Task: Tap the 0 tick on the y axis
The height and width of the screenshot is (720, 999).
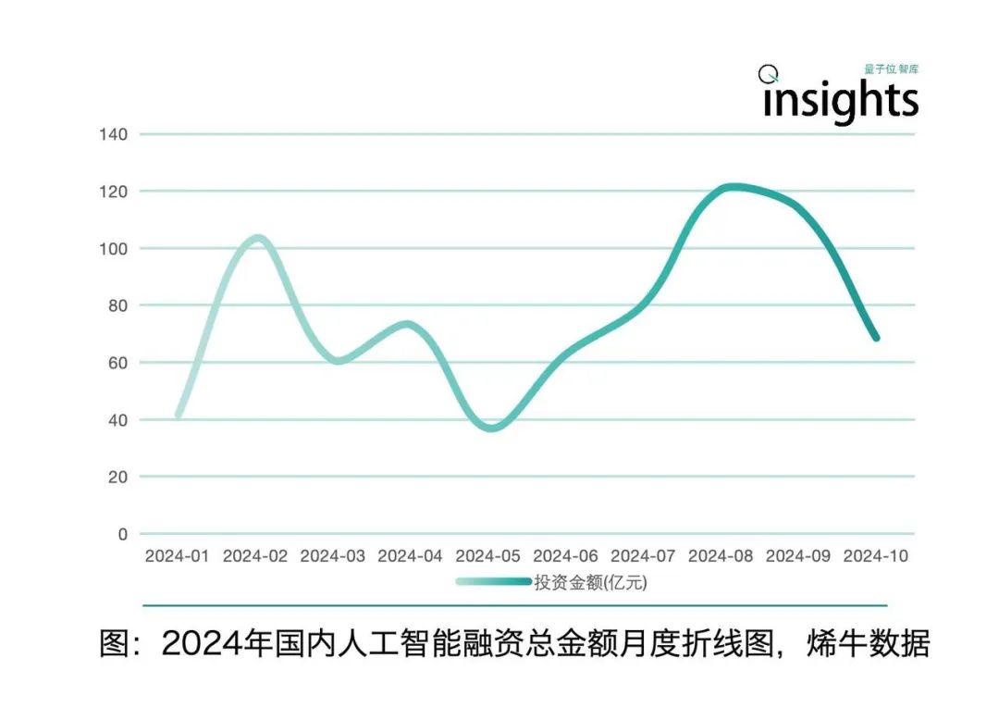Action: [121, 534]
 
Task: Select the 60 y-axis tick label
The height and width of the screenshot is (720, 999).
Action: [117, 363]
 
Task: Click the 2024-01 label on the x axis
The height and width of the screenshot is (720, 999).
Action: [178, 556]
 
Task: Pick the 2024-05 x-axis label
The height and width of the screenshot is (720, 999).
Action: [488, 556]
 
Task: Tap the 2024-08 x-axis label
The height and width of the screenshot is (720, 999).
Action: [721, 556]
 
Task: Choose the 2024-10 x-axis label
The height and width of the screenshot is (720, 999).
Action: [876, 556]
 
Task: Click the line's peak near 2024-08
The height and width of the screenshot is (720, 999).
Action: [733, 187]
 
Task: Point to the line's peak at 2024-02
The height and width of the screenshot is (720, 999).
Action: [258, 238]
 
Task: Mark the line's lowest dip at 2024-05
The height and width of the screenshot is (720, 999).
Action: [490, 428]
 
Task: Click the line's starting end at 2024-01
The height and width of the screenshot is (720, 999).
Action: [179, 416]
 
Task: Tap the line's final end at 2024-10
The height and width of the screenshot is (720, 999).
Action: [875, 338]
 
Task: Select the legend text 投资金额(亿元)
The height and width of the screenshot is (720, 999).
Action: [589, 582]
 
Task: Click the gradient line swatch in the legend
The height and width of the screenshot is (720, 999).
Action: [493, 582]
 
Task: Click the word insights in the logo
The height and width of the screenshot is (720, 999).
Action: [840, 100]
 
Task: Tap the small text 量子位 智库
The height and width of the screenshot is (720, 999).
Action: [891, 69]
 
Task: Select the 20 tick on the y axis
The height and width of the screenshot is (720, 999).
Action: [117, 477]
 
